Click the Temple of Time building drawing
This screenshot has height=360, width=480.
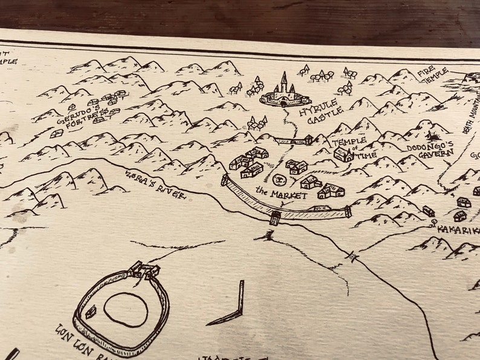point(343,155)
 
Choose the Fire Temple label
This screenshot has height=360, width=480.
point(433,75)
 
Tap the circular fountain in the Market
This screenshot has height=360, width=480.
point(279,179)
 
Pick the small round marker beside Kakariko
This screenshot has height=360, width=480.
point(434,223)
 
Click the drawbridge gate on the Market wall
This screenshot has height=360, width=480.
point(275,217)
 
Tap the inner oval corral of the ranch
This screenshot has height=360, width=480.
point(126,309)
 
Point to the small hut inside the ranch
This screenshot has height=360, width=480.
point(91,312)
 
